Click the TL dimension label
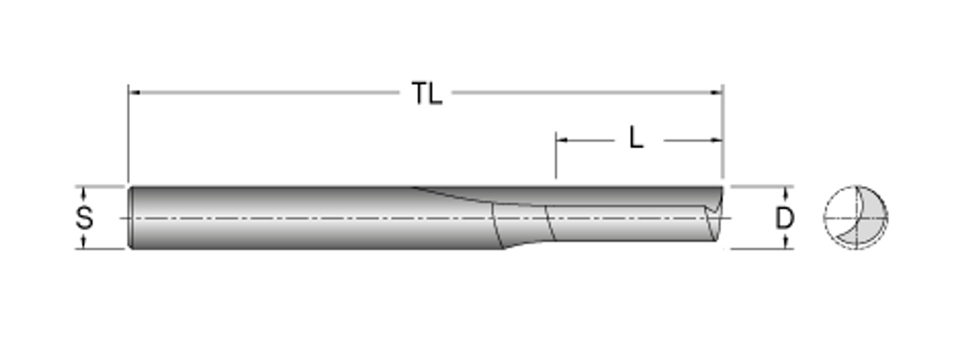427,94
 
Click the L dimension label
635,138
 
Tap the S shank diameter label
84,219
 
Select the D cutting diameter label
785,219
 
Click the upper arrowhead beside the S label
84,192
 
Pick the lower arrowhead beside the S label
84,243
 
